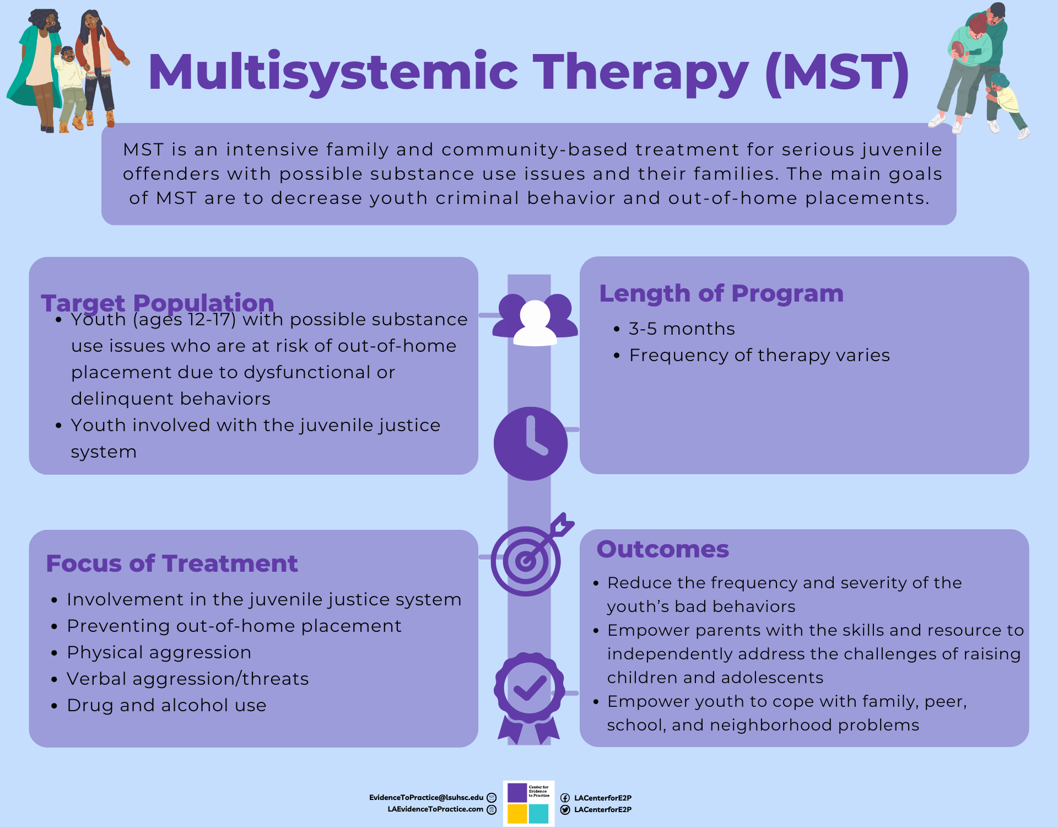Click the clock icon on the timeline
point(530,444)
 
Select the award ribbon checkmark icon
point(529,689)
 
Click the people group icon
point(535,320)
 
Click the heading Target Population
point(158,303)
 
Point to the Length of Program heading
point(721,293)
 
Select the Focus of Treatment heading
point(172,563)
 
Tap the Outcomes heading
point(663,549)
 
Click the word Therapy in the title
point(641,73)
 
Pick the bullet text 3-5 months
point(682,329)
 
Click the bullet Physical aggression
point(159,652)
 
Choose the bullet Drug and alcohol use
point(166,705)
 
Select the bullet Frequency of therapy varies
point(759,355)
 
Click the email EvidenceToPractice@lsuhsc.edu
point(426,797)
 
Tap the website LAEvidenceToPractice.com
point(435,809)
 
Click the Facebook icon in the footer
point(565,798)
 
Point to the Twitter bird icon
point(565,810)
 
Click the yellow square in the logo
point(517,814)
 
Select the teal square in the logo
point(539,814)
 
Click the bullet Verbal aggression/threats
point(187,679)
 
